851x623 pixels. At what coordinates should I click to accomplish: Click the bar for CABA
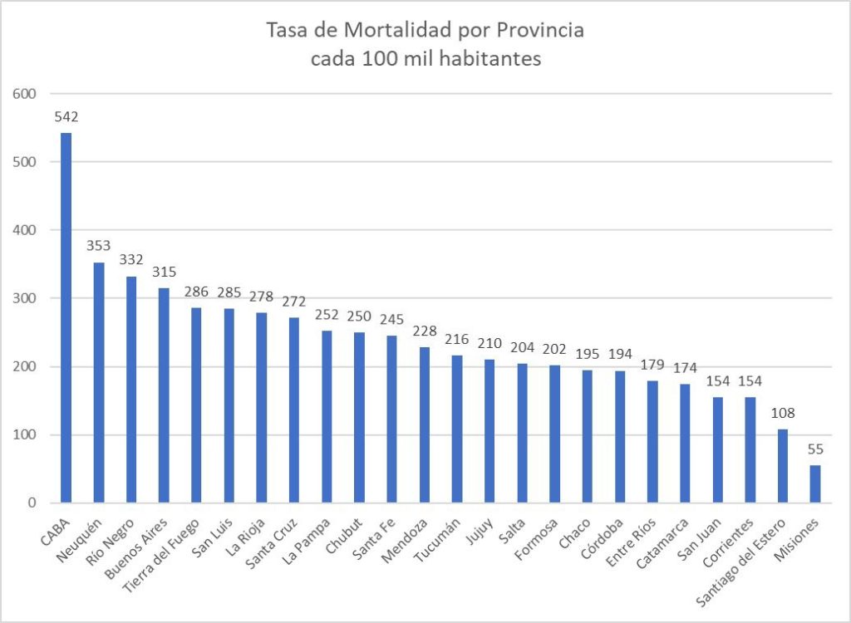pos(66,317)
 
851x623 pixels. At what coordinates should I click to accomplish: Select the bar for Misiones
pos(814,483)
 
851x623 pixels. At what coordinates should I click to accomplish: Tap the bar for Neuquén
pos(99,382)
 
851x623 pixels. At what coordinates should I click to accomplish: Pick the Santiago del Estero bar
pos(782,465)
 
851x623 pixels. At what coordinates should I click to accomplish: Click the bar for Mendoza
pos(424,424)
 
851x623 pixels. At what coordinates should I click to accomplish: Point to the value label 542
pos(66,117)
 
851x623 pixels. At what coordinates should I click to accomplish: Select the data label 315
pos(164,272)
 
